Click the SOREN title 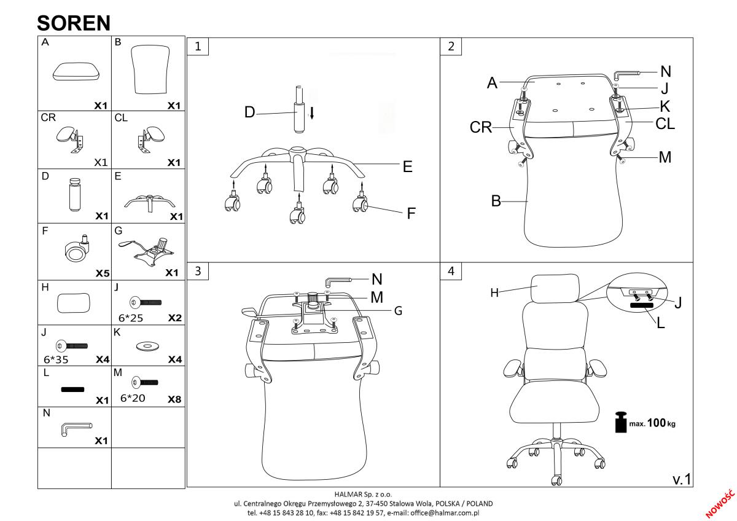click(74, 23)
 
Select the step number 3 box click(198, 271)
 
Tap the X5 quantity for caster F click(103, 273)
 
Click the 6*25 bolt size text click(131, 318)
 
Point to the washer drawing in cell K click(147, 347)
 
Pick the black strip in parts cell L click(72, 390)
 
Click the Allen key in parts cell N click(76, 429)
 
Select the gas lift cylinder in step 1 click(299, 109)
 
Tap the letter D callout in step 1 click(250, 112)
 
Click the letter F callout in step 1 click(411, 213)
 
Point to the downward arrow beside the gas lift click(312, 112)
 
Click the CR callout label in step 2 click(481, 127)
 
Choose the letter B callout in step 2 click(496, 201)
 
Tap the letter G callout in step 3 click(398, 311)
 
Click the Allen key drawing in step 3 click(338, 282)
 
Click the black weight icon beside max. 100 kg click(621, 422)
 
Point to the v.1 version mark click(682, 479)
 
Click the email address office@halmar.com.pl click(445, 513)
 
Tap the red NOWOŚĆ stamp click(720, 504)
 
